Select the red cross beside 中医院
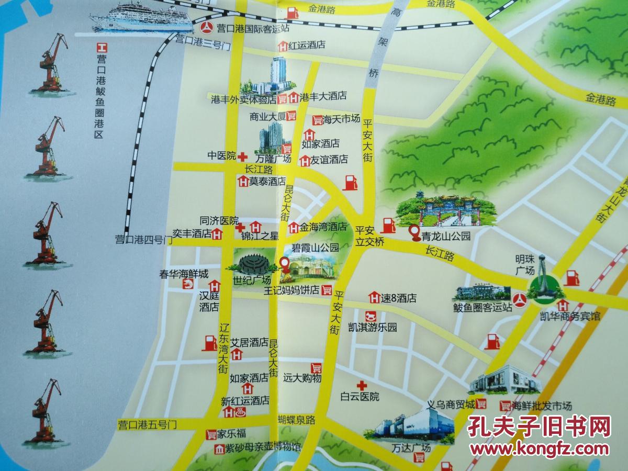242,156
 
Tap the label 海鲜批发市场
543,406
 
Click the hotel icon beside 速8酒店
374,298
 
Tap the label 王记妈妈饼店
291,290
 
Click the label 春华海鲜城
184,274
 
